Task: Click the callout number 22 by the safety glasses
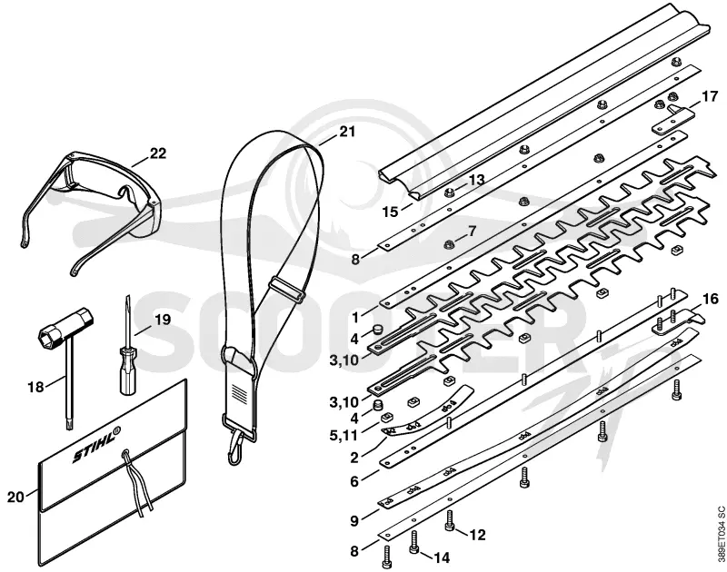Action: [x=157, y=153]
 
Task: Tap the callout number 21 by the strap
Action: [x=347, y=132]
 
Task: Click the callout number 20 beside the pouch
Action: [x=15, y=497]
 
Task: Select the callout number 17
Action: [x=710, y=97]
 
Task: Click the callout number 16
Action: [x=710, y=299]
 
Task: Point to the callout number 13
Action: [x=476, y=179]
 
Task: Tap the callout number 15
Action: [x=391, y=212]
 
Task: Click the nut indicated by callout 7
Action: [x=448, y=243]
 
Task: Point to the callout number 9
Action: [x=354, y=521]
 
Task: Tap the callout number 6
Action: [x=354, y=482]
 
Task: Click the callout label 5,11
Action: [x=344, y=437]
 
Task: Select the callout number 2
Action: [x=354, y=459]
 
